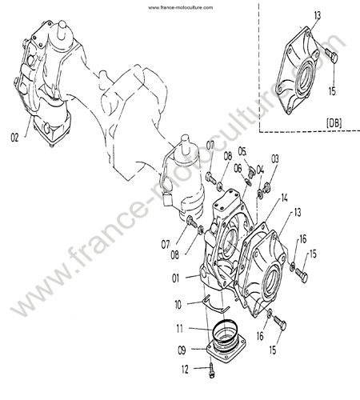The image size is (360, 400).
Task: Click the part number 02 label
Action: (14, 138)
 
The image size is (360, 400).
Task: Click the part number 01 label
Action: (175, 278)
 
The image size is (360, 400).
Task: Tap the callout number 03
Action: (275, 159)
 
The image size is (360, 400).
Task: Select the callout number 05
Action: (242, 151)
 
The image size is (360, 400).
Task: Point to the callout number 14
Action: (284, 198)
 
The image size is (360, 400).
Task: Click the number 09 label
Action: (182, 350)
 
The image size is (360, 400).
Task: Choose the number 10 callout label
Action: (178, 305)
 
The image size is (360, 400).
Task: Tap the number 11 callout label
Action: (180, 328)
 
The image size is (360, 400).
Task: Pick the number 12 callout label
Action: (185, 369)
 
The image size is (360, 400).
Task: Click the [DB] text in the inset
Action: (334, 123)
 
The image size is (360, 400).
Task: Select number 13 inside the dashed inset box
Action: (318, 15)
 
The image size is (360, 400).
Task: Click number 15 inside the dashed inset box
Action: (332, 91)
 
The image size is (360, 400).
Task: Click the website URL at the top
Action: (180, 7)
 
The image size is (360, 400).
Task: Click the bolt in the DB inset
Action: (331, 55)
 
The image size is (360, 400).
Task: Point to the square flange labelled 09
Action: (226, 346)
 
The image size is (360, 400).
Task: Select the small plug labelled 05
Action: (251, 171)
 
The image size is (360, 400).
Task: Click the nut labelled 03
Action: (266, 188)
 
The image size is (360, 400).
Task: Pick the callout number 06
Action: (238, 169)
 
